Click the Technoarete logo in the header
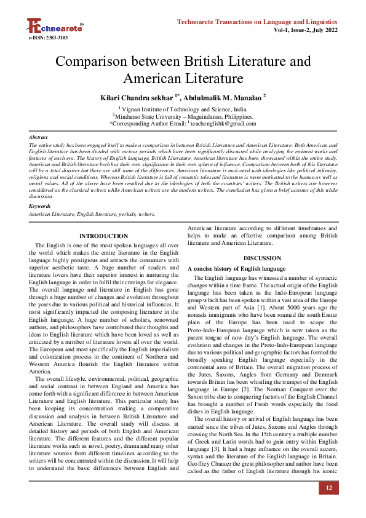(x=54, y=26)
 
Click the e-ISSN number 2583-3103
(x=48, y=38)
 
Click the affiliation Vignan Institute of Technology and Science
(x=184, y=108)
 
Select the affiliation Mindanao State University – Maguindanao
(x=184, y=116)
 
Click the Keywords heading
(x=40, y=206)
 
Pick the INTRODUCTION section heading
(x=104, y=236)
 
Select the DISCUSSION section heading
(x=262, y=258)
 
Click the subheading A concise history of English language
(x=236, y=269)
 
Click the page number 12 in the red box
(x=328, y=488)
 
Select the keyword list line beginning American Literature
(x=92, y=214)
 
